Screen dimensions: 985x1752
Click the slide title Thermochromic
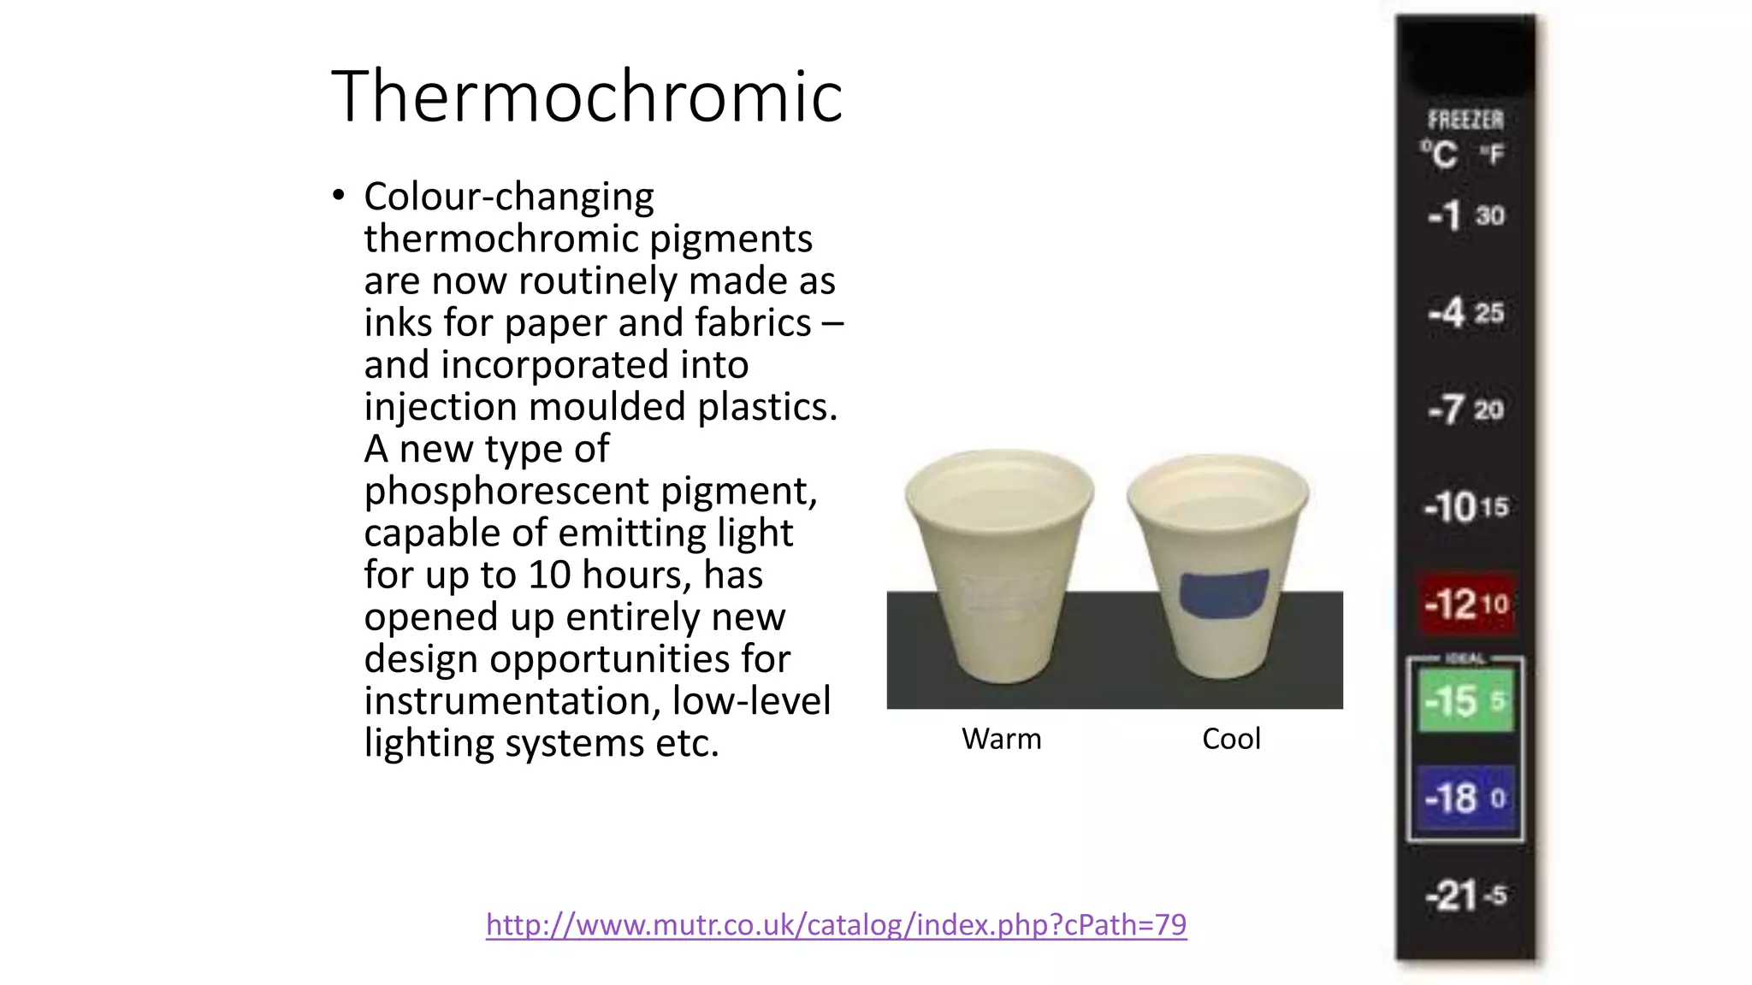coord(587,97)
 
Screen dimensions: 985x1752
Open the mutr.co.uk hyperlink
coord(836,924)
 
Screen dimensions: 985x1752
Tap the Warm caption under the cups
coord(1001,739)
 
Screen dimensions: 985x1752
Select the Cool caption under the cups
coord(1231,739)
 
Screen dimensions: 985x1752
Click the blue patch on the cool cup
coord(1223,593)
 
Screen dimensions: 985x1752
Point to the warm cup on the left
coord(999,564)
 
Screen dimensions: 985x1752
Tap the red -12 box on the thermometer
coord(1466,604)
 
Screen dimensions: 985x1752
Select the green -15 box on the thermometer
coord(1465,701)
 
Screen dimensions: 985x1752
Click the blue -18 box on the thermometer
coord(1465,799)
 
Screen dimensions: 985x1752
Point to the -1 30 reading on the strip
coord(1465,215)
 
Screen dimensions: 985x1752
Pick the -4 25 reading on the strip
coord(1465,313)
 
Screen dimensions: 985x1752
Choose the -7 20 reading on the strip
coord(1465,410)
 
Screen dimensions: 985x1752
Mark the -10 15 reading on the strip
coord(1465,507)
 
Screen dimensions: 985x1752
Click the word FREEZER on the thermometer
coord(1465,120)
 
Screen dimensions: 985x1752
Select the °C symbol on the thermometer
coord(1440,155)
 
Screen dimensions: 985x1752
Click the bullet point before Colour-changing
coord(339,196)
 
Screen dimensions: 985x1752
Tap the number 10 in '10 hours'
coord(548,575)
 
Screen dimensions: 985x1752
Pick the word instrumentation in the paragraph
coord(512,701)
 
